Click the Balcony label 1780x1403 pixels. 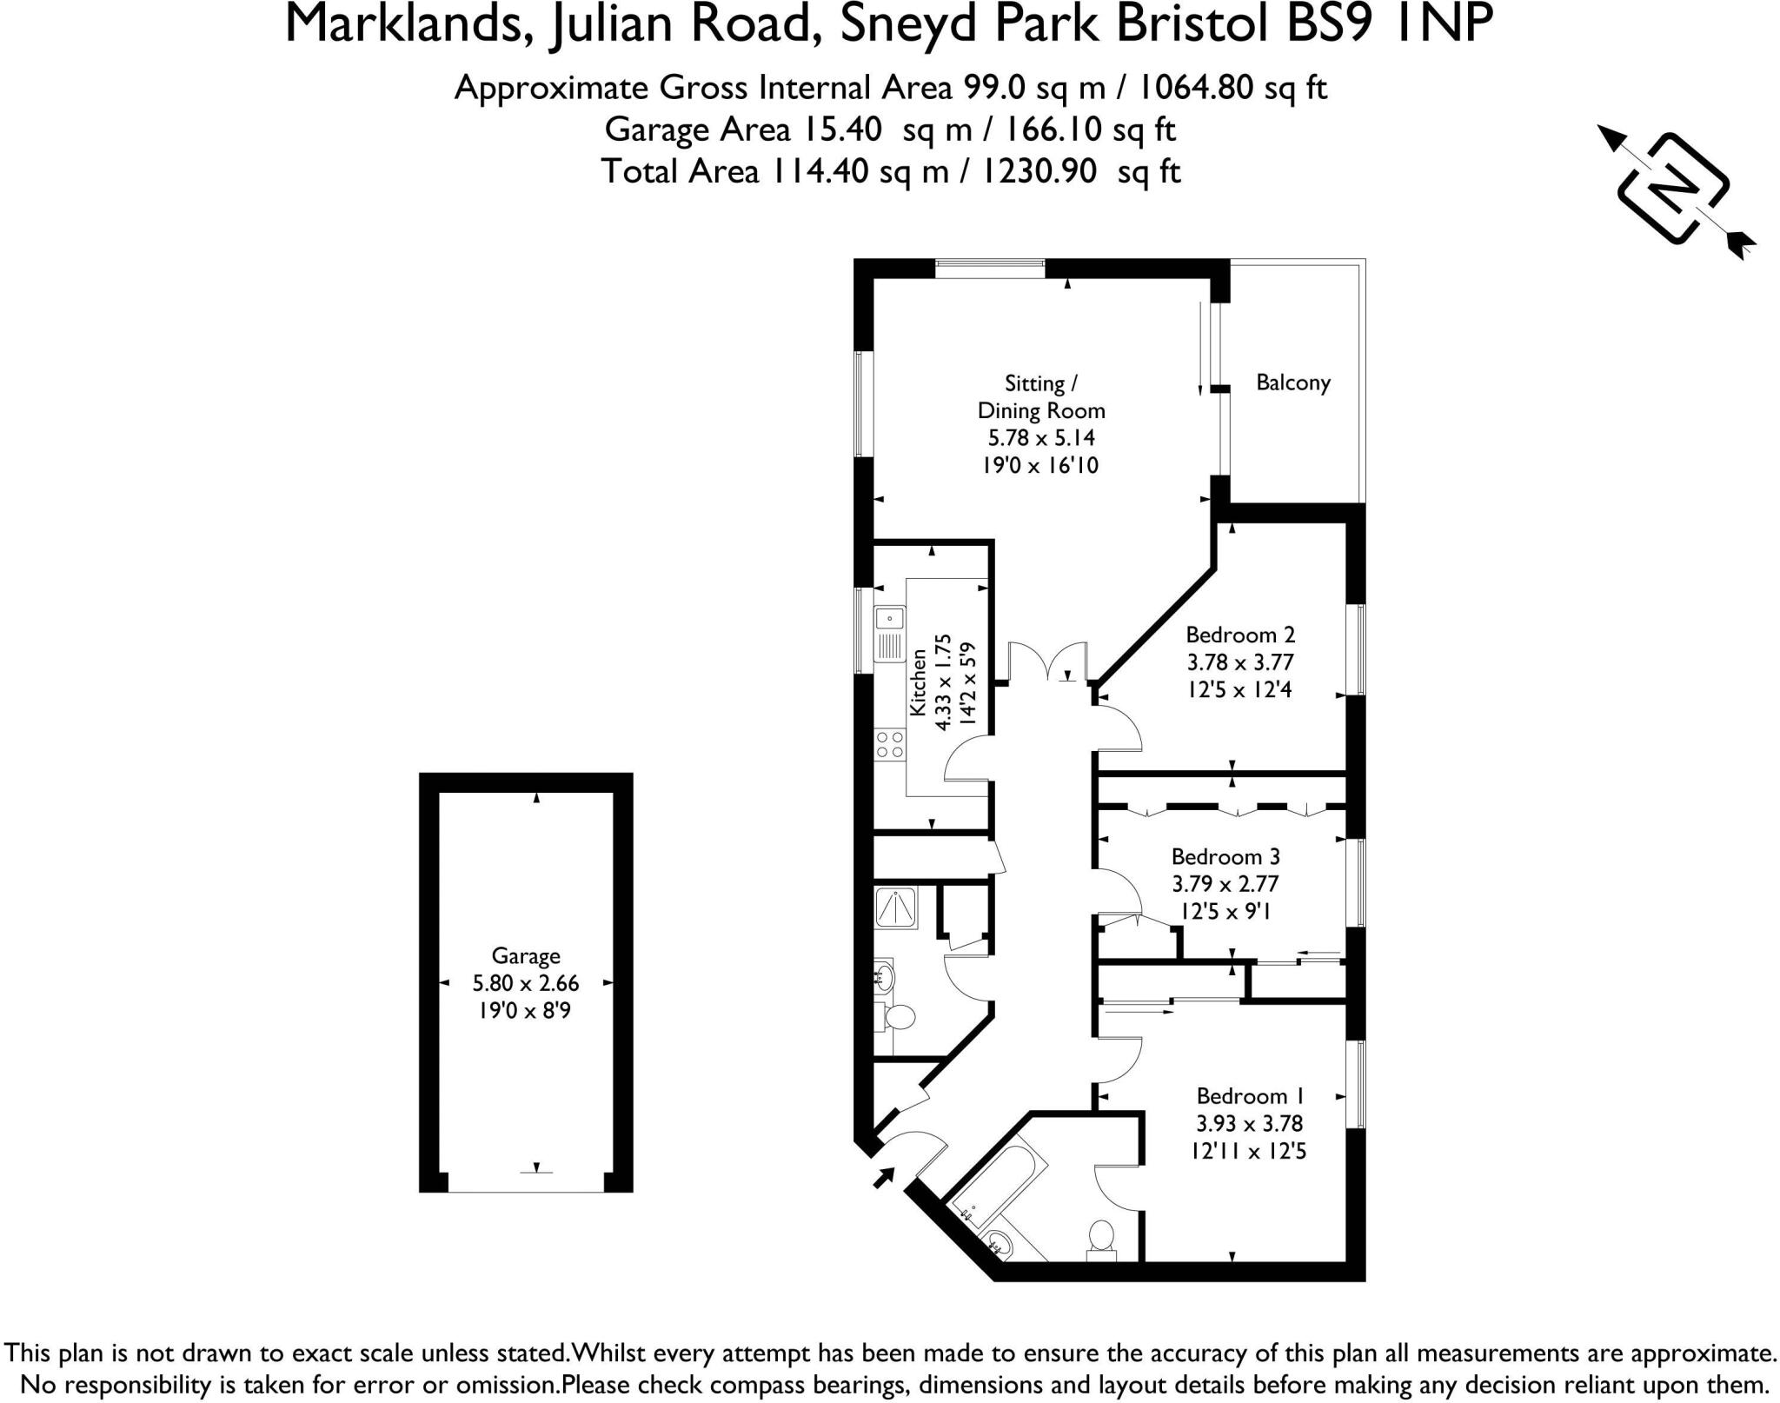[1292, 382]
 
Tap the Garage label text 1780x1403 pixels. [525, 956]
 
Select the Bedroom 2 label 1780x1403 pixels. [1239, 635]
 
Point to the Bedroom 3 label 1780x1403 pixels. [1225, 857]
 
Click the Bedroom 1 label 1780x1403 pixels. [1249, 1096]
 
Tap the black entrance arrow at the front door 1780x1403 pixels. [884, 1177]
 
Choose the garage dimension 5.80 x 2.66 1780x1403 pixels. [525, 983]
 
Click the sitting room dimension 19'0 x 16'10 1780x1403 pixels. [1040, 465]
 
